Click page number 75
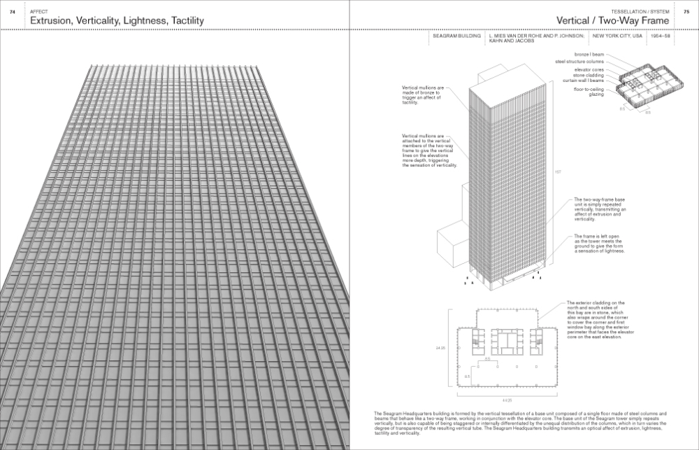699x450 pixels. pos(686,11)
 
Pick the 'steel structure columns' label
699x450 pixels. pos(579,61)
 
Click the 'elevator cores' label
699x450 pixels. pos(589,69)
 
